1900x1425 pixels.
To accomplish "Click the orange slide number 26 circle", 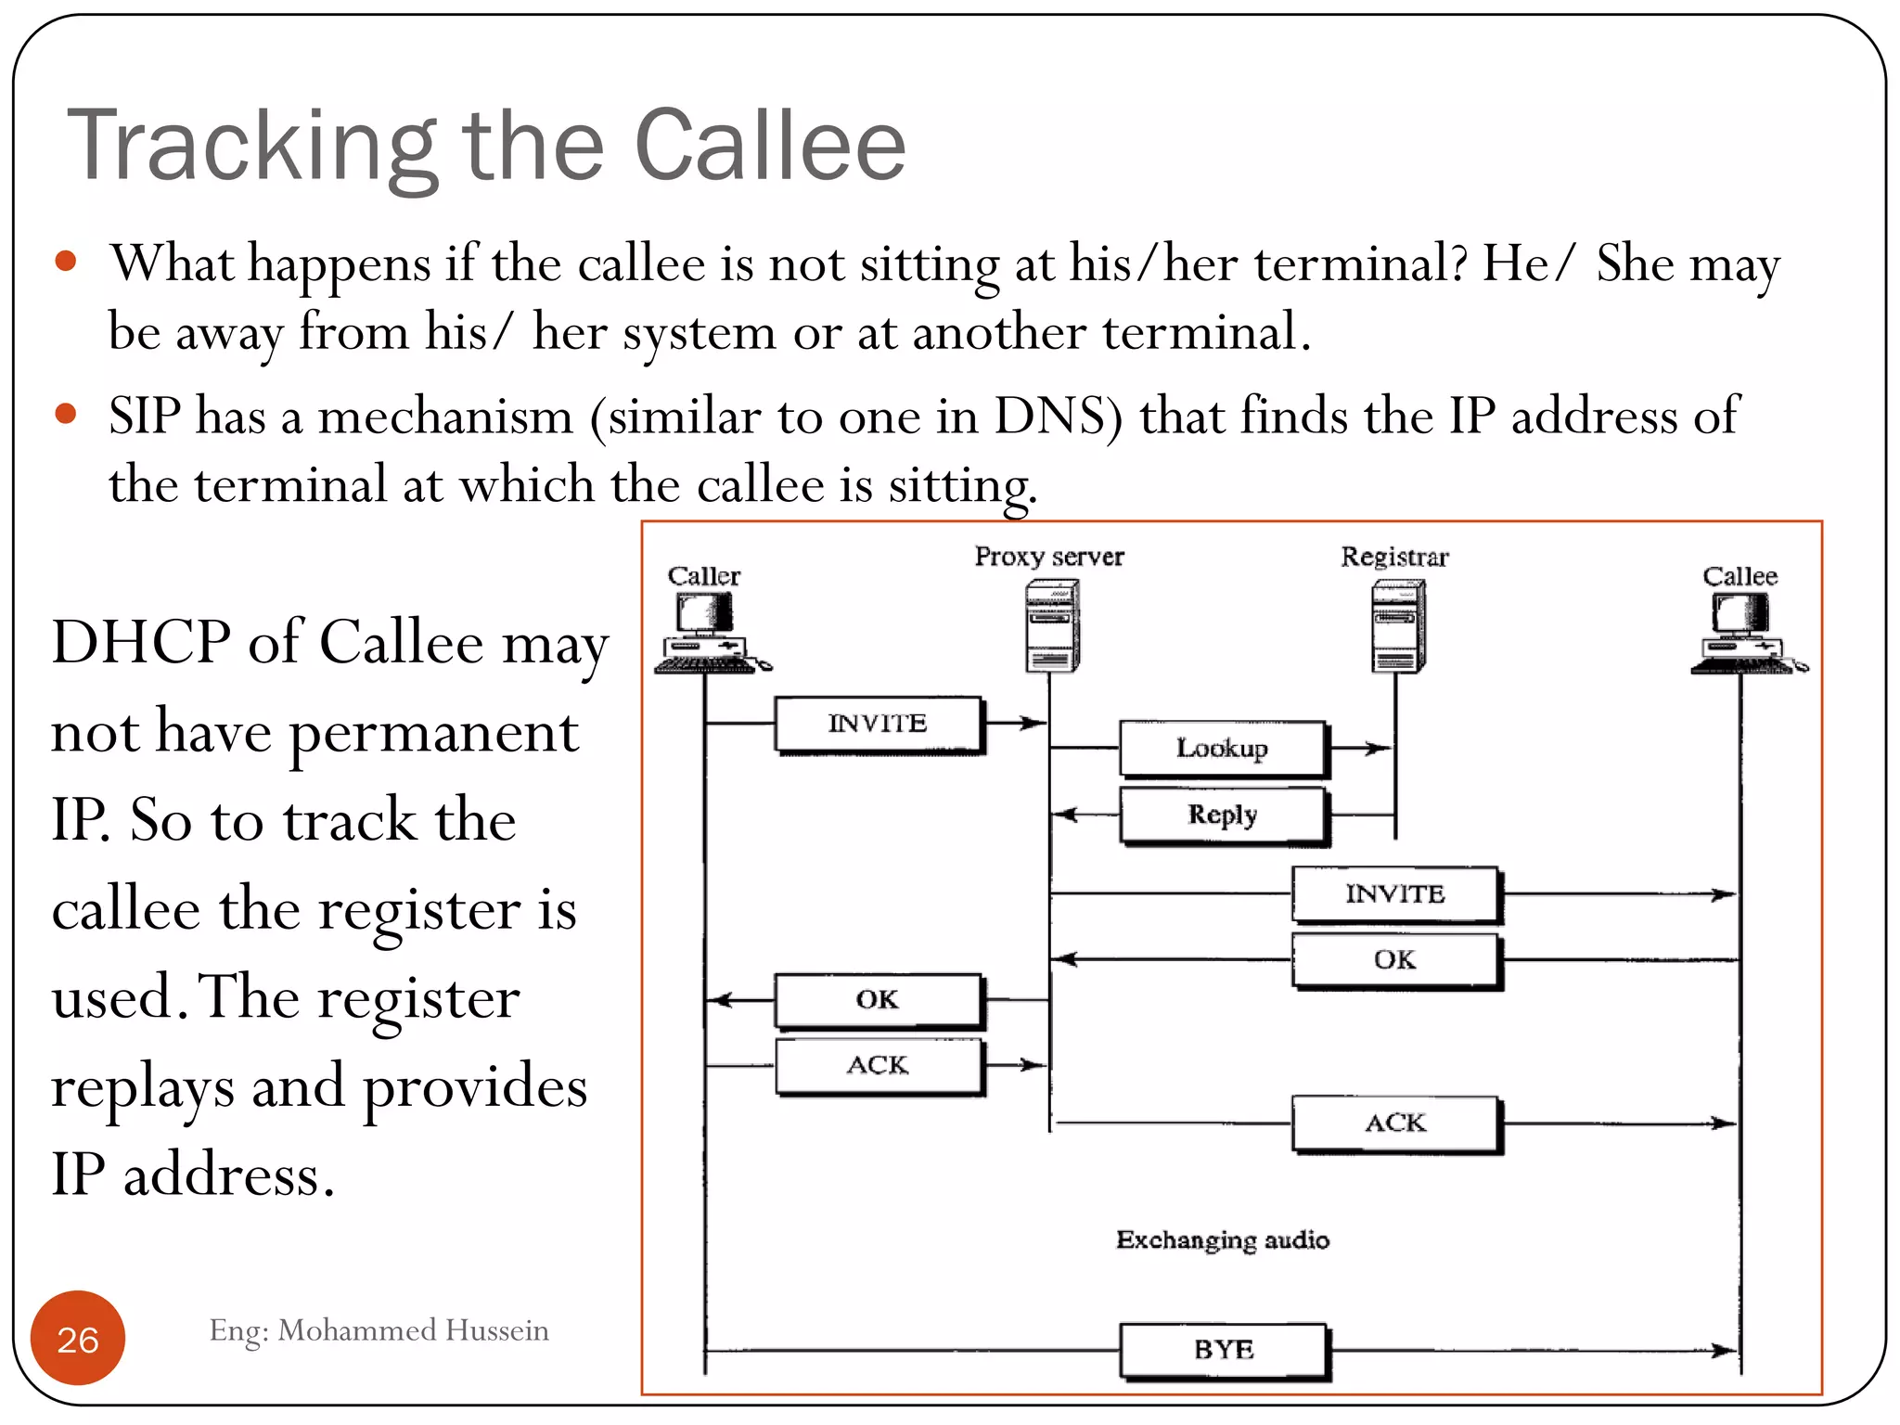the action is pyautogui.click(x=78, y=1338).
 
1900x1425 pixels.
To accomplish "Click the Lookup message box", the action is pyautogui.click(x=1223, y=749).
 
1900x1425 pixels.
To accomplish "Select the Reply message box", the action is pyautogui.click(x=1223, y=815).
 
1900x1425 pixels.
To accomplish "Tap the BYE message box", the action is pyautogui.click(x=1224, y=1350).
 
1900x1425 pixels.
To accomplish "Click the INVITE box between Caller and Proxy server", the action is pyautogui.click(x=878, y=724).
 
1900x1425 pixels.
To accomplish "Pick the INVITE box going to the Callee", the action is pyautogui.click(x=1395, y=894).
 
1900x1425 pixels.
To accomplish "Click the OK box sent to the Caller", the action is pyautogui.click(x=878, y=1000).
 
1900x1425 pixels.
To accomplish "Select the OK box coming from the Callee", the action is pyautogui.click(x=1395, y=960).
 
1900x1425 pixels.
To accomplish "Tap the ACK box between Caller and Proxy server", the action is pyautogui.click(x=878, y=1066).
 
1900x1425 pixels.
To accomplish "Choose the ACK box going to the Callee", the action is pyautogui.click(x=1395, y=1123).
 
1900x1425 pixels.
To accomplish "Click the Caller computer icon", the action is pyautogui.click(x=707, y=631).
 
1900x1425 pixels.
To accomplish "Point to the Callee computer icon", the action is pyautogui.click(x=1744, y=631).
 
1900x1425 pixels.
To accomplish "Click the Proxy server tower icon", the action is pyautogui.click(x=1052, y=625).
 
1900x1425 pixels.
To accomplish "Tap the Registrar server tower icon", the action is pyautogui.click(x=1398, y=625).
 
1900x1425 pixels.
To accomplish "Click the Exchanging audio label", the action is pyautogui.click(x=1223, y=1240).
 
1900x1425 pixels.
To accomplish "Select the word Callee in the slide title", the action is pyautogui.click(x=770, y=146).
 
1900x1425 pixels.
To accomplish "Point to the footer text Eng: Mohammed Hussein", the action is pyautogui.click(x=379, y=1330).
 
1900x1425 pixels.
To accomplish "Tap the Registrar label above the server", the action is pyautogui.click(x=1394, y=557).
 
